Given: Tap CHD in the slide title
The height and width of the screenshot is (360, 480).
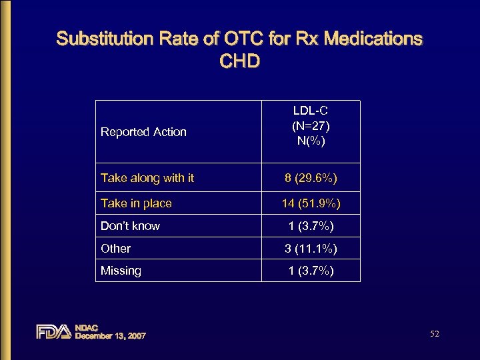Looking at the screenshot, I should click(239, 62).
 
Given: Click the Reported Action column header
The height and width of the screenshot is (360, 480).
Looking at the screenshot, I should click(143, 132).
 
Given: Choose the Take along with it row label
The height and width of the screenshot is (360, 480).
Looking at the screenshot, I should click(147, 178).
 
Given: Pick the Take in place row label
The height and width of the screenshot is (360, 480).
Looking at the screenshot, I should click(136, 203).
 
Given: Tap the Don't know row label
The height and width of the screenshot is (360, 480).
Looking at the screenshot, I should click(130, 226).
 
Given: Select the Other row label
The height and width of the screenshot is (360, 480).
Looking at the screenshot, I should click(115, 249).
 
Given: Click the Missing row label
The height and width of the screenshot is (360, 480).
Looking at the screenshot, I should click(121, 271).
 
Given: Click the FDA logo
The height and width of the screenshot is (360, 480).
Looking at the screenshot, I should click(53, 331).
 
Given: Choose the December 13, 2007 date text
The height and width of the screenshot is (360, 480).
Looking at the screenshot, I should click(111, 336).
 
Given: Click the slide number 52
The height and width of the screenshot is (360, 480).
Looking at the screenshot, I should click(435, 333).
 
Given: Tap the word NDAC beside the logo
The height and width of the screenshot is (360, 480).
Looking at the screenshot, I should click(87, 327).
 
